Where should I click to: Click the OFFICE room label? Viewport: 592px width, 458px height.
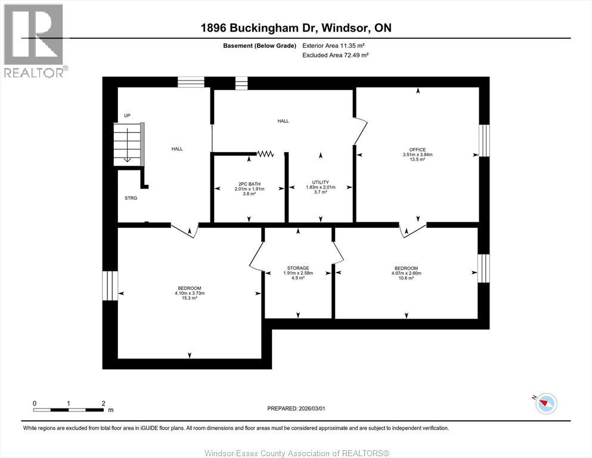coord(417,149)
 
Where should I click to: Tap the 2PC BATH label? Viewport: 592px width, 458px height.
coord(249,184)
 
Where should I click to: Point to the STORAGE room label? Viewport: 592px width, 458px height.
coord(297,268)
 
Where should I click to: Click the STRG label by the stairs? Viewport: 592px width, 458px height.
coord(131,198)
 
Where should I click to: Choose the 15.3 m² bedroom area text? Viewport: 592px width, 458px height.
coord(190,298)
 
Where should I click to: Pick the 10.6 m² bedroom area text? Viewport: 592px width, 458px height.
coord(406,278)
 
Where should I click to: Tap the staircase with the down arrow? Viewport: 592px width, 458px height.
coord(128,143)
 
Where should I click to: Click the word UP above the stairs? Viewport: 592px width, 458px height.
coord(127,116)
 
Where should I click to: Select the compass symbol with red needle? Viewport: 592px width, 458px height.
coord(545,404)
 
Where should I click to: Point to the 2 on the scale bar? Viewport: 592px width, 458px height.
coord(103,403)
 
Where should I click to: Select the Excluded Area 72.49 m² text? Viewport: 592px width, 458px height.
coord(335,55)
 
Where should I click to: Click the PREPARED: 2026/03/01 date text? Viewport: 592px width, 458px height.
coord(296,408)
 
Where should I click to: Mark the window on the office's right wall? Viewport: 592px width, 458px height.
coord(484,140)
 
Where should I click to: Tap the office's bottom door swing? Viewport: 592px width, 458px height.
coord(413,230)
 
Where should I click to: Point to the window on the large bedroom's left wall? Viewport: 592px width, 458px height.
coord(110,286)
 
